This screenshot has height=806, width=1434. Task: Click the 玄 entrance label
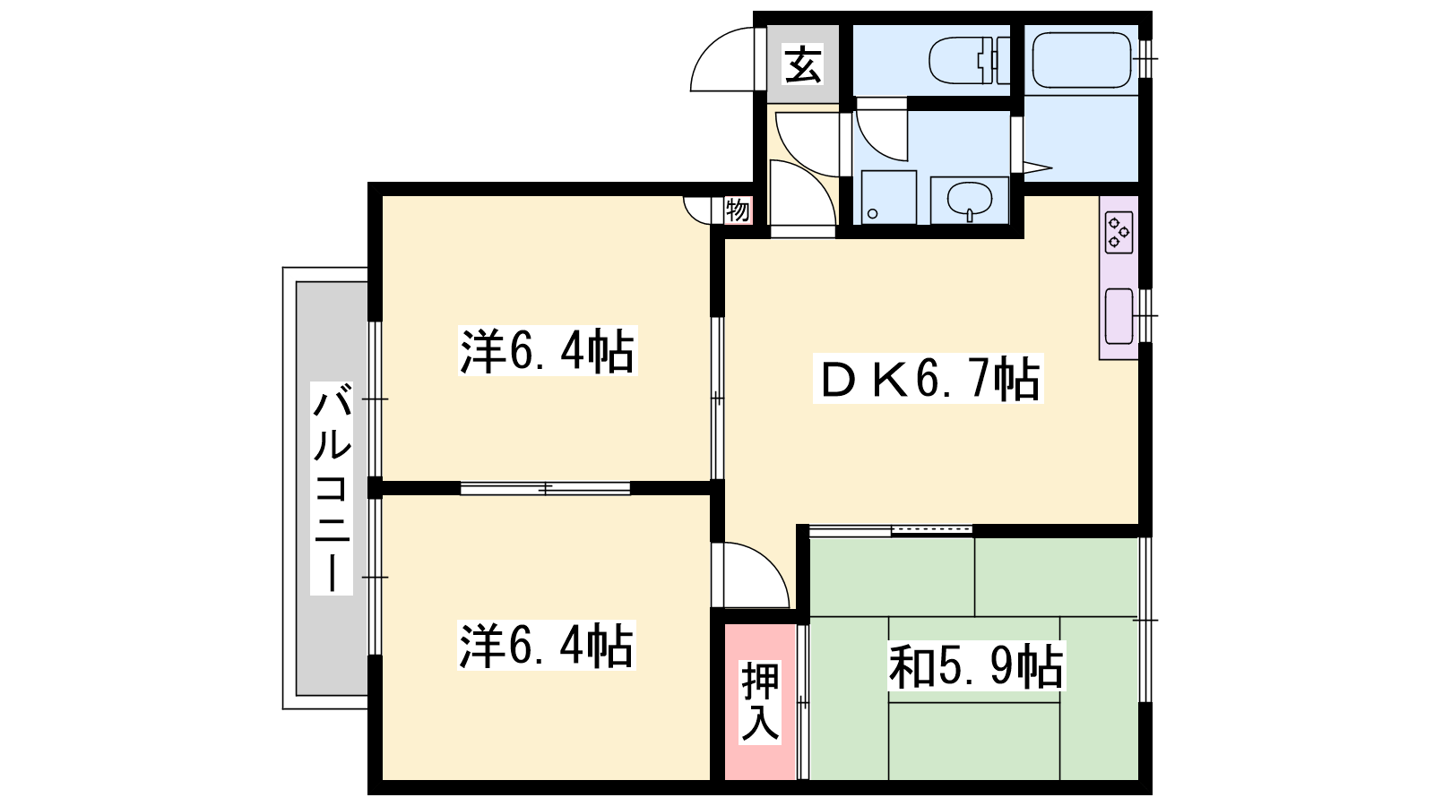803,64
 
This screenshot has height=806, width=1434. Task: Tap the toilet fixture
969,60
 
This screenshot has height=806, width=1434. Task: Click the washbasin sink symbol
969,200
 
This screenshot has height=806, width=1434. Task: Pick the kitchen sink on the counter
1119,316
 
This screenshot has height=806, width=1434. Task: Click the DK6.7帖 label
928,378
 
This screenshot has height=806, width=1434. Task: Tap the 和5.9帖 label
976,666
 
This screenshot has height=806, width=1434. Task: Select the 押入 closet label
760,702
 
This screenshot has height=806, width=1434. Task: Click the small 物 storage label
738,210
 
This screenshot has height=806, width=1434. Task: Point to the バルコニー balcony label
332,488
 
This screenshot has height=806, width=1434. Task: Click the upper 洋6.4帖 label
548,350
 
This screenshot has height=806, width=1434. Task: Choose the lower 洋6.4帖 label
547,646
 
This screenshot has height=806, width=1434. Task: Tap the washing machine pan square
888,197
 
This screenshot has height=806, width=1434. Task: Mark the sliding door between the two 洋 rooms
546,489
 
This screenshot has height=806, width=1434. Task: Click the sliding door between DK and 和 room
891,530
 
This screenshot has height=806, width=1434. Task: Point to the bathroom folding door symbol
1032,168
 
